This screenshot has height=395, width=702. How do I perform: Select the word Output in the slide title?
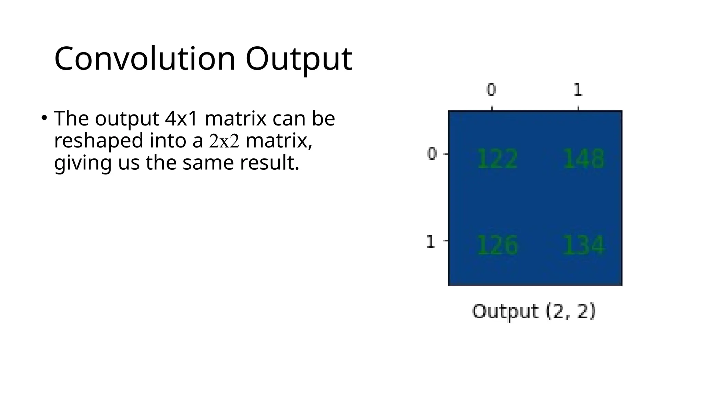299,59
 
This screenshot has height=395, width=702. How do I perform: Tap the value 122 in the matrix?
497,159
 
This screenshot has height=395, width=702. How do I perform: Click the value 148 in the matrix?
584,159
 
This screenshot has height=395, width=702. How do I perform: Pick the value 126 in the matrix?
497,246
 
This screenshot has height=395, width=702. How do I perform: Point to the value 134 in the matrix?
584,246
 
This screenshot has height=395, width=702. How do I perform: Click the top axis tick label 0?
492,90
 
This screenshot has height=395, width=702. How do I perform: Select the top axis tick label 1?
578,90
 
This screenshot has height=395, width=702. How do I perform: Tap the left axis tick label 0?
432,154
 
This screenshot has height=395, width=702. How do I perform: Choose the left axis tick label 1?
431,242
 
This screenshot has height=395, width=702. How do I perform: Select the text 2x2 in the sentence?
224,141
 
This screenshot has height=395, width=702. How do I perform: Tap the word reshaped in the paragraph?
99,141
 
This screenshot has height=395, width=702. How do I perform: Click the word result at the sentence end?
269,163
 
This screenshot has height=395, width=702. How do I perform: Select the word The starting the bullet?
71,119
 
